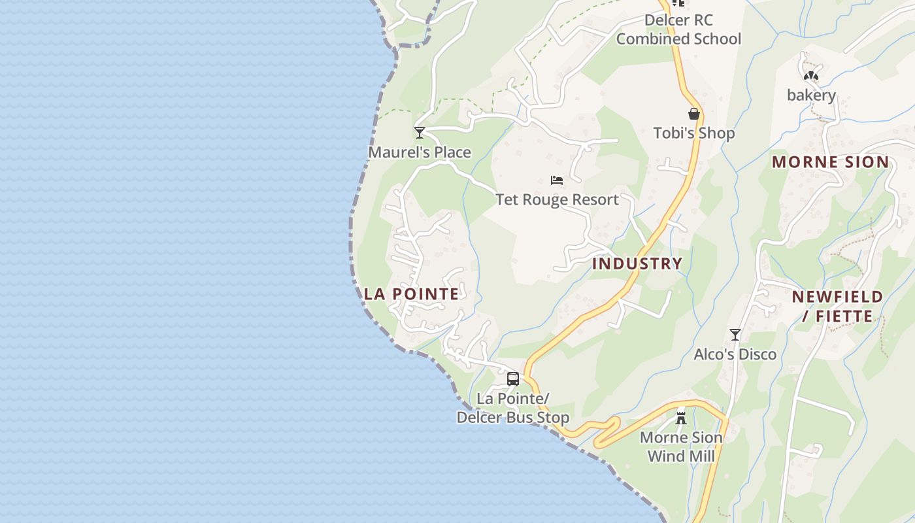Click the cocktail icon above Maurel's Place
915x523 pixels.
(x=420, y=133)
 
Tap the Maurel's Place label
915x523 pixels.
(x=420, y=152)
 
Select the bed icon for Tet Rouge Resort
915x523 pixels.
(x=557, y=180)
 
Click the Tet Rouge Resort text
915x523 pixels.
(x=557, y=199)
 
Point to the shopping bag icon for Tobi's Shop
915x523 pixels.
(x=694, y=114)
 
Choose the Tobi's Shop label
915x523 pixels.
(x=694, y=133)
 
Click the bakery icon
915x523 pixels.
(x=811, y=76)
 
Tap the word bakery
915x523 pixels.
(x=811, y=95)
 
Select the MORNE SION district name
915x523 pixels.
(x=830, y=162)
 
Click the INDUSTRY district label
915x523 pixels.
(x=637, y=263)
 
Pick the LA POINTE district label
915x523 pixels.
(x=412, y=294)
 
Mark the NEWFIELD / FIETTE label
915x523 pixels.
(x=837, y=307)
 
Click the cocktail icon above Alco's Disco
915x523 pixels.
(x=735, y=335)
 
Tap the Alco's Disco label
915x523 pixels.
(x=735, y=354)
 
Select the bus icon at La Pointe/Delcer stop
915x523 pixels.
(x=513, y=379)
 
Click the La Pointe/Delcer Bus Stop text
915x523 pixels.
(x=513, y=408)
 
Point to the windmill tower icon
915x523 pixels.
(x=681, y=417)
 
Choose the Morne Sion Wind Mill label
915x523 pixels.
(x=681, y=447)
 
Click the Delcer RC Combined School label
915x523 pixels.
(x=678, y=29)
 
